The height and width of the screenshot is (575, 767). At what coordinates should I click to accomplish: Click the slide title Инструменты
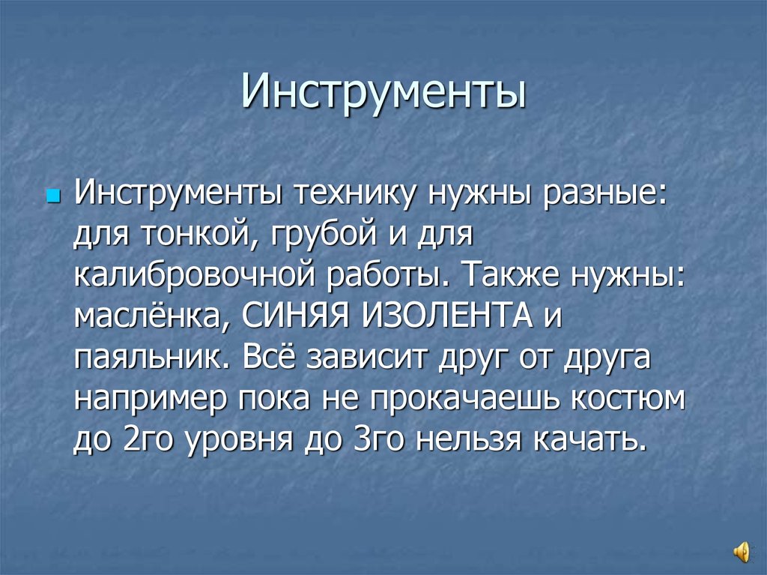pyautogui.click(x=383, y=94)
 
